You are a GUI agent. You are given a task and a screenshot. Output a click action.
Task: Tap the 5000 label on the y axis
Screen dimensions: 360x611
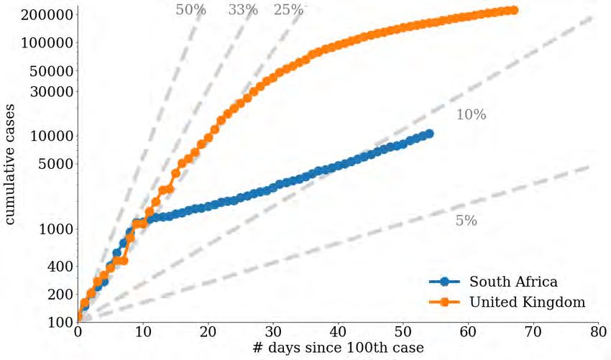[54, 163]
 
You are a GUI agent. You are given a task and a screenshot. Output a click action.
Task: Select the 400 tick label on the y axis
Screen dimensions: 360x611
[60, 266]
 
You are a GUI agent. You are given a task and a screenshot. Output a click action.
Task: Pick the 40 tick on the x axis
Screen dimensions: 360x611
[338, 333]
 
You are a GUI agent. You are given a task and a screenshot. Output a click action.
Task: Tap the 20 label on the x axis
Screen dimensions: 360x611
[208, 333]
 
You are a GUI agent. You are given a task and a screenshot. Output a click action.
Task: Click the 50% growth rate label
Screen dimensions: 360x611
[190, 9]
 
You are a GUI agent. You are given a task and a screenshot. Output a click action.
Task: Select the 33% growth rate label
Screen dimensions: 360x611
[243, 9]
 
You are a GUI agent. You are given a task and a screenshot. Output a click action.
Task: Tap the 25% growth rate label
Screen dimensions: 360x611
[289, 9]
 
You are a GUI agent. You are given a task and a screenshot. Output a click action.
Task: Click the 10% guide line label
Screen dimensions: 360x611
[471, 115]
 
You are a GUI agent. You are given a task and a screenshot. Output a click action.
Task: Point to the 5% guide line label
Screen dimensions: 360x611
[466, 221]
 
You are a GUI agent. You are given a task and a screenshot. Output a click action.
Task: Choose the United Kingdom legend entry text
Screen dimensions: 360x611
[527, 303]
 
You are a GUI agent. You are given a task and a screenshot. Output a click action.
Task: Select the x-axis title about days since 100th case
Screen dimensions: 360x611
[338, 349]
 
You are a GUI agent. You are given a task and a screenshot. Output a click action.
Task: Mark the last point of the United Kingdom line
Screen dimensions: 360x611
[513, 10]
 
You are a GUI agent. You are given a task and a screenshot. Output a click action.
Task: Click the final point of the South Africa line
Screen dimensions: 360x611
[429, 133]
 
